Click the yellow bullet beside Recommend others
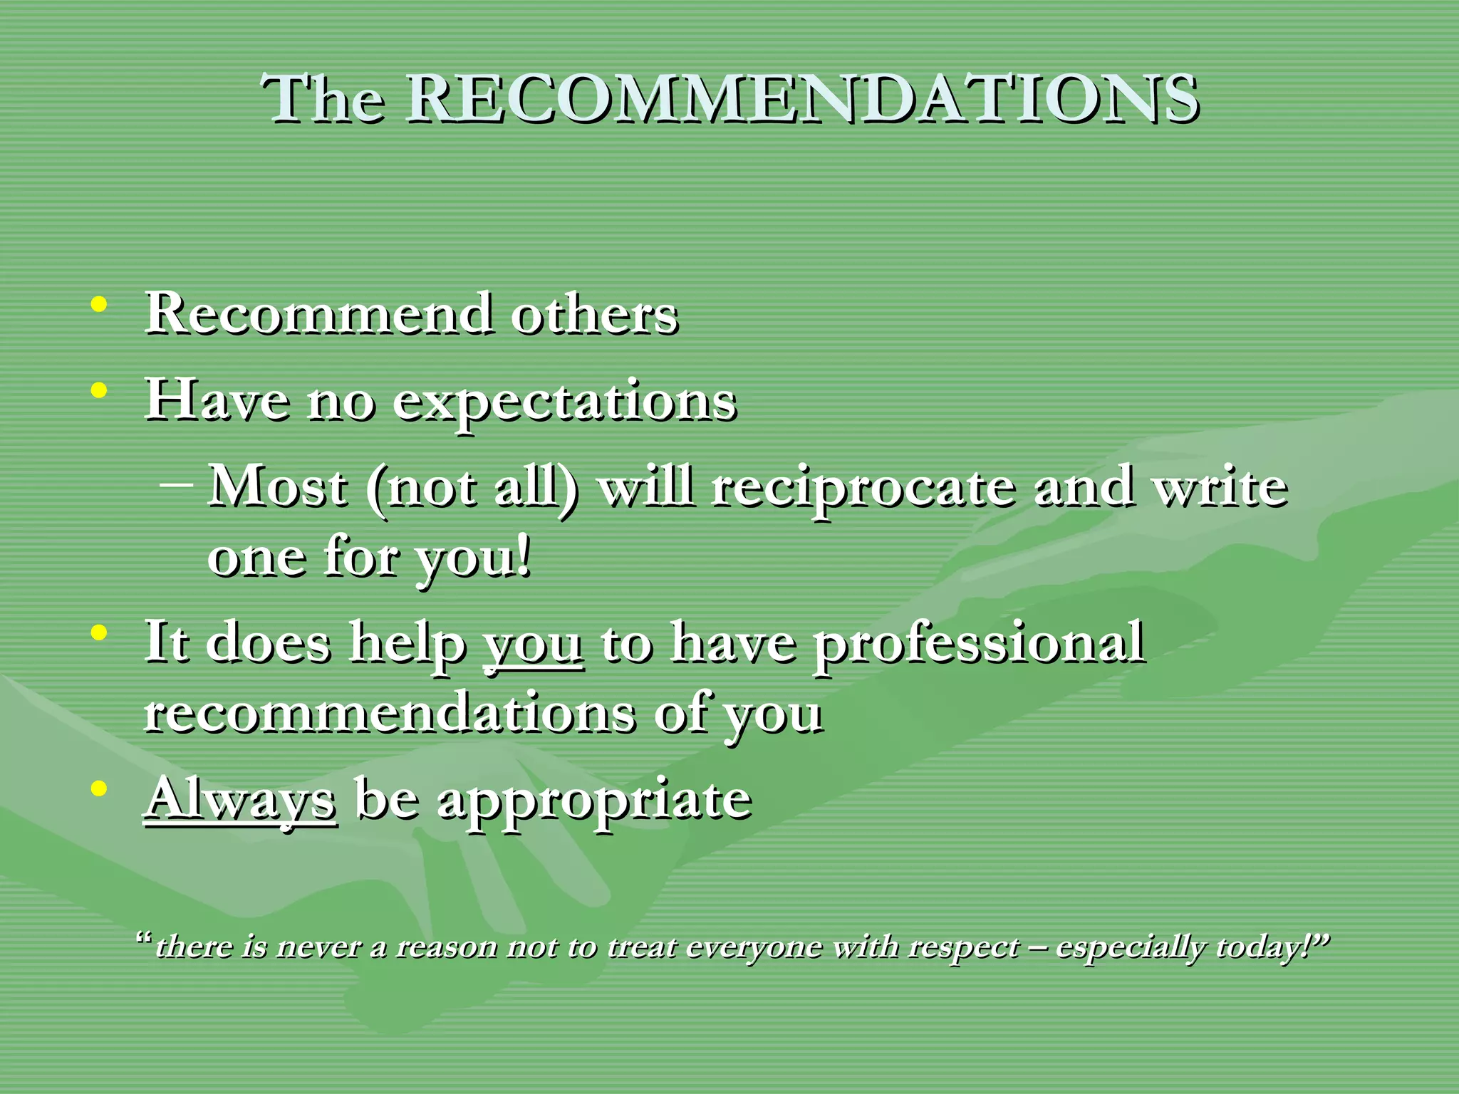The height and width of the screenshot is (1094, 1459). coord(100,305)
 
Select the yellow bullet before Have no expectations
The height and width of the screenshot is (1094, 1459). coord(100,390)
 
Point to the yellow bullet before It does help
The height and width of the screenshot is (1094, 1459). coord(100,632)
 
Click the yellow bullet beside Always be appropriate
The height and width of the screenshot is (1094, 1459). coord(100,789)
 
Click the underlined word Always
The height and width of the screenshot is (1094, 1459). coord(241,799)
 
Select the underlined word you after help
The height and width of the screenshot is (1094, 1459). coord(533,644)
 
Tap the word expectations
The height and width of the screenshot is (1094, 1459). coord(564,402)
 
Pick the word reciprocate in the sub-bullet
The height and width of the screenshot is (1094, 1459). coord(863,489)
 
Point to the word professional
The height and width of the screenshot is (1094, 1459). coord(980,644)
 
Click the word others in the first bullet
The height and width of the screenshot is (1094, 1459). coord(594,315)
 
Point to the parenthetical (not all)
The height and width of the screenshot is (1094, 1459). coord(472,489)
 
